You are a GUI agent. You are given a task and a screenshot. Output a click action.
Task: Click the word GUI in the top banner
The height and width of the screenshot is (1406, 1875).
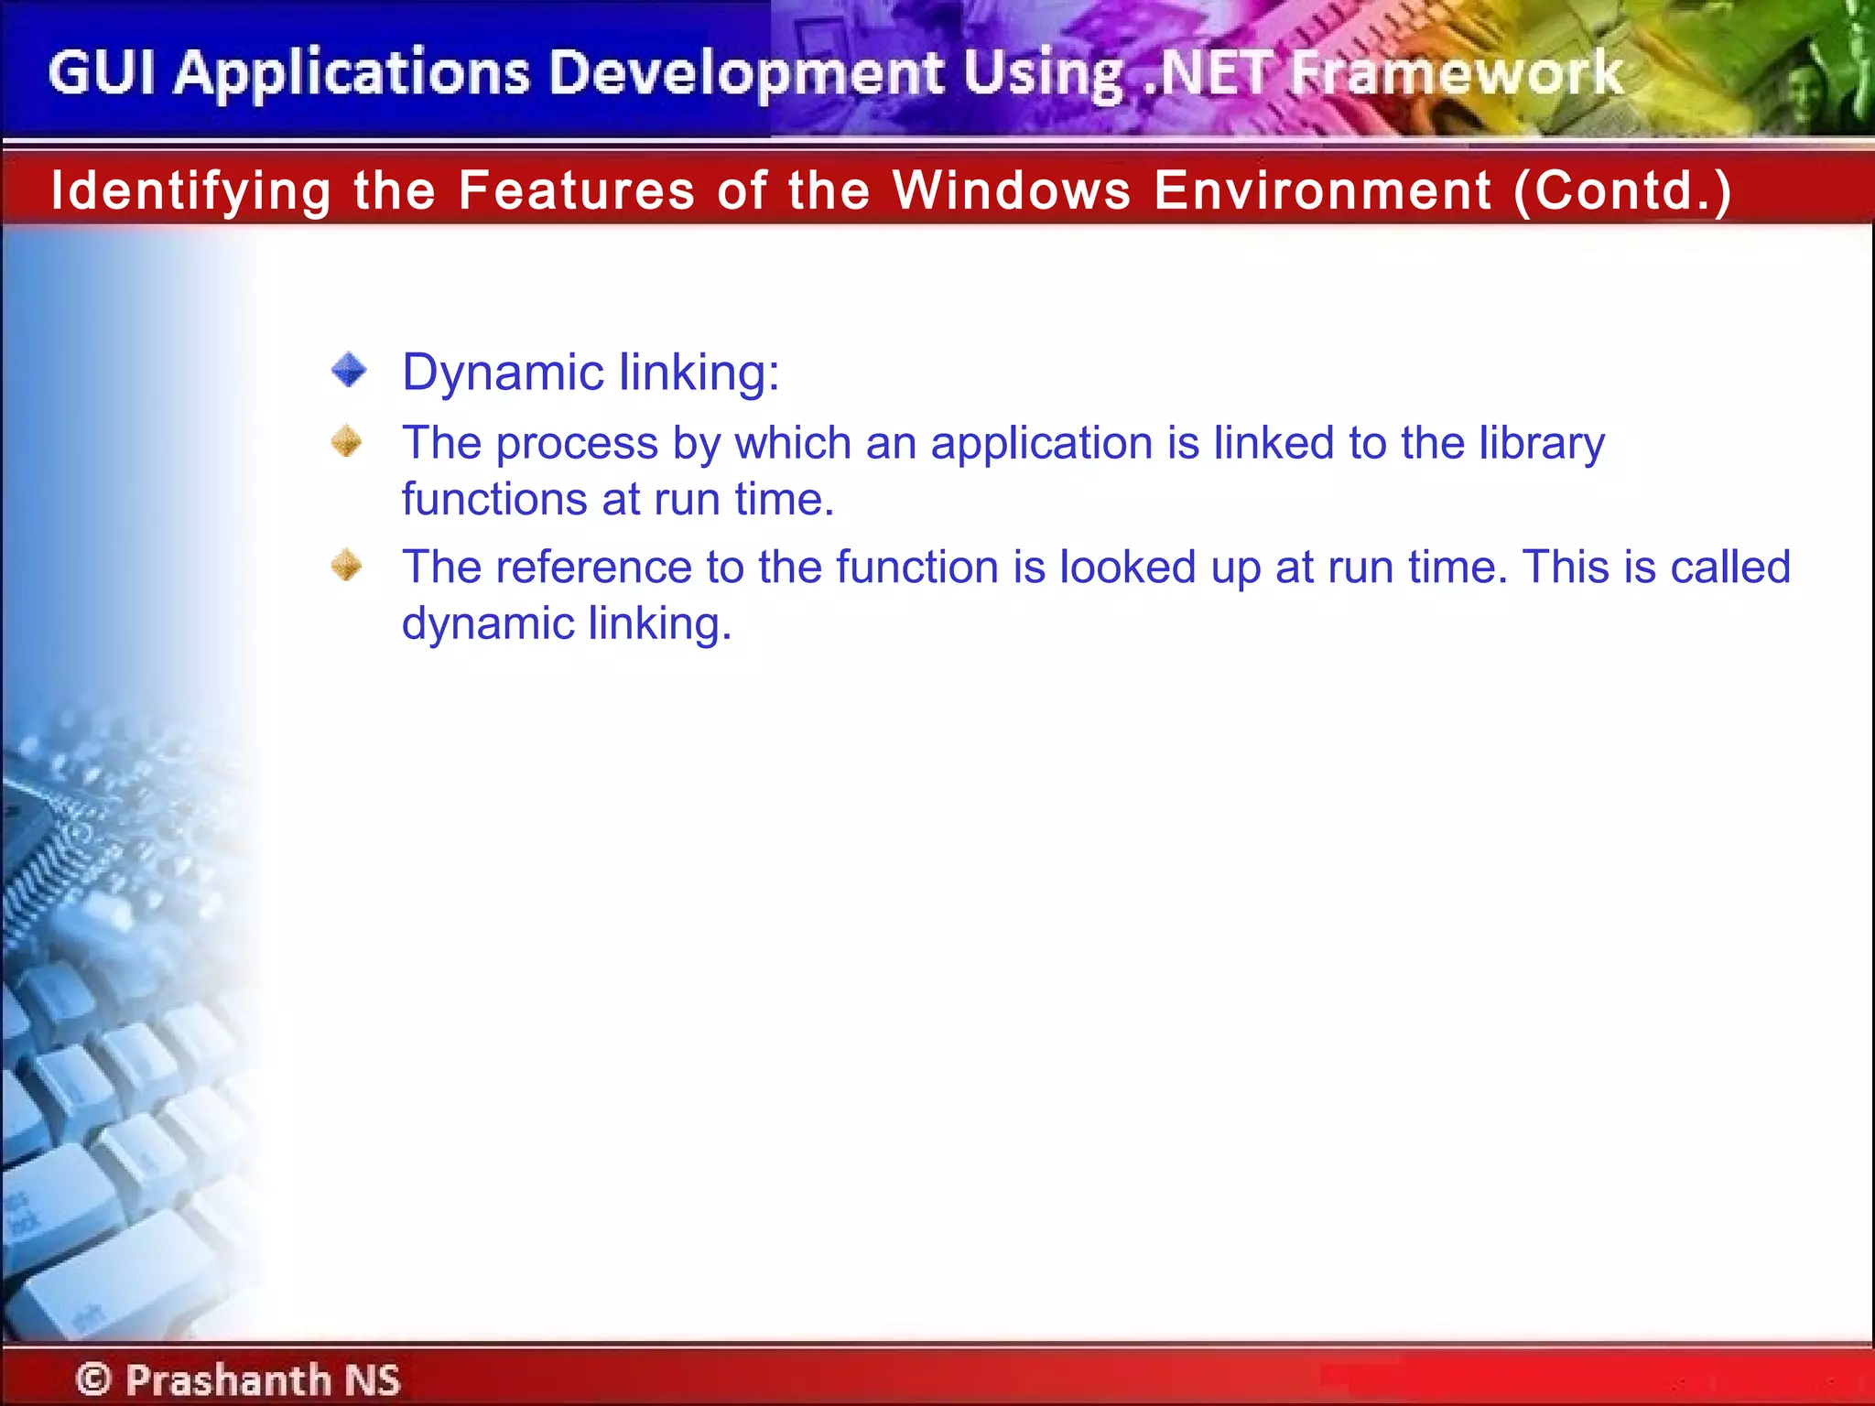102,73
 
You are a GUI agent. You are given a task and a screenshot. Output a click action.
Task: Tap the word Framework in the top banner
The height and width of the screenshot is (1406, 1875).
1456,73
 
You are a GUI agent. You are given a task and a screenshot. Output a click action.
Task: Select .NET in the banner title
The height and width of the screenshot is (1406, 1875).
1208,73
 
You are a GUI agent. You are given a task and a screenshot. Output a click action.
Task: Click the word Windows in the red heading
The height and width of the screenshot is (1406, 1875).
1012,190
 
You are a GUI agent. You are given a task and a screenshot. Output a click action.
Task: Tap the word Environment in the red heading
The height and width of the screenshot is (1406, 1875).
1323,190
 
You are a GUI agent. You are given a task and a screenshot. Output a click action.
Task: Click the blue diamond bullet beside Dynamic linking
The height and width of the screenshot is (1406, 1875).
349,371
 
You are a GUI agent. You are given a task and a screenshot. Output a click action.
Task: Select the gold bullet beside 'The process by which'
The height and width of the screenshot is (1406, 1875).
347,441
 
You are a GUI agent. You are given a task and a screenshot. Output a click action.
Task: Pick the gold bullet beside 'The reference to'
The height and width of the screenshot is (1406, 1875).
347,565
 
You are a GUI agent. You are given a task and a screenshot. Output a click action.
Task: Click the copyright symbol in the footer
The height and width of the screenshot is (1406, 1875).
93,1379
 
